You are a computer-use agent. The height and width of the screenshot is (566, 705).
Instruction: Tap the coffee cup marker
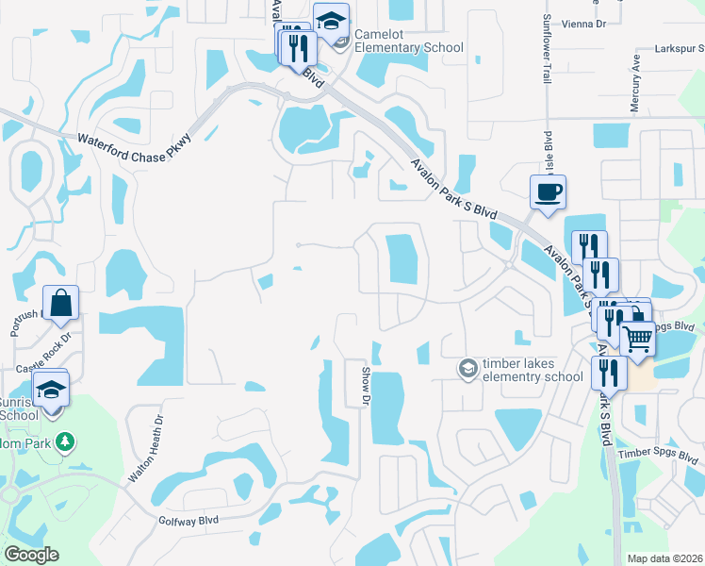click(x=548, y=194)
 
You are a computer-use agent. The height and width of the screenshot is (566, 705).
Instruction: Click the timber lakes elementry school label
click(x=533, y=370)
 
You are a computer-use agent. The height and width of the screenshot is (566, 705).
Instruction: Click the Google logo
click(x=31, y=555)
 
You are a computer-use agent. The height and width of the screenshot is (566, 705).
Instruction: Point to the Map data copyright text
click(x=664, y=558)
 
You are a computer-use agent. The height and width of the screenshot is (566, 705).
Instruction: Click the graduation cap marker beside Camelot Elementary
click(x=332, y=22)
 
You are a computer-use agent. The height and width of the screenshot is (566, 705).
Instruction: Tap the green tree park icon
click(x=63, y=441)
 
